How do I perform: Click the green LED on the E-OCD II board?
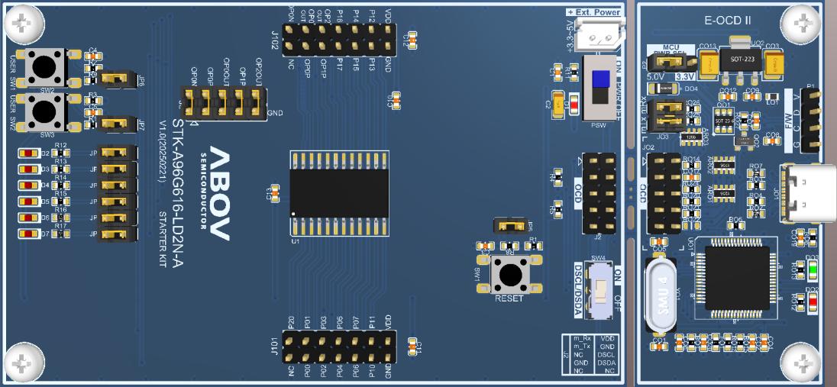click(813, 269)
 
